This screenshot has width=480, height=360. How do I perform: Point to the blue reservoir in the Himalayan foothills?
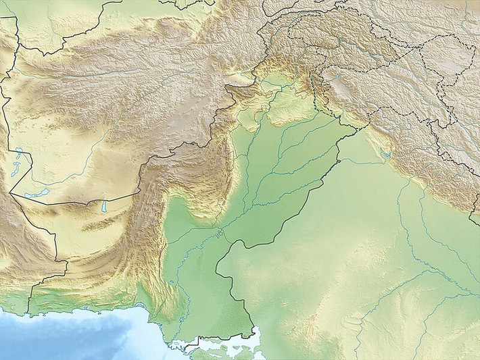coord(386,154)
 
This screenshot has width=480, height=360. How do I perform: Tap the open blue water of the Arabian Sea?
coord(81,334)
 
